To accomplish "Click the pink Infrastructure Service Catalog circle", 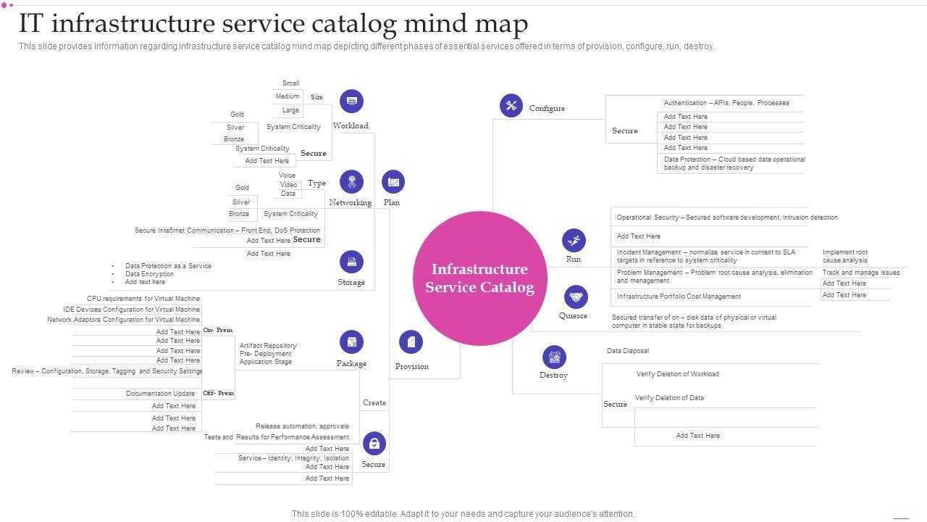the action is [480, 278].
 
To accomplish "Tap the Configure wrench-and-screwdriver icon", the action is [511, 106].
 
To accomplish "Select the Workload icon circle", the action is [351, 101].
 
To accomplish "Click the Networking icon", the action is [351, 181].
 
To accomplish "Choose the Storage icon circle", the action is [351, 262].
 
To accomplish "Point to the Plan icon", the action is [393, 181].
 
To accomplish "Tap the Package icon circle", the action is [351, 342].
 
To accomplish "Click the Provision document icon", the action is [411, 342].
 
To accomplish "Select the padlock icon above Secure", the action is [374, 443].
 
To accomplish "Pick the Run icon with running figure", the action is [574, 240].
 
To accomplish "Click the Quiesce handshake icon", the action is [576, 297].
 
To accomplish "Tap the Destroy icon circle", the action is [554, 357].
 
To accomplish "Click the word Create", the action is [374, 402].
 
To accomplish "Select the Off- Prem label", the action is [219, 393].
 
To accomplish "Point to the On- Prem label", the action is [218, 330].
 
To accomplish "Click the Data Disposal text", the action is [628, 351].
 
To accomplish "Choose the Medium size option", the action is [288, 96].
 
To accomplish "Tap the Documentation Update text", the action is [160, 394].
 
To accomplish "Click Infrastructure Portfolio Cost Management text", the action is [679, 297].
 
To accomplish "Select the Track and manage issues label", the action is [861, 273].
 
